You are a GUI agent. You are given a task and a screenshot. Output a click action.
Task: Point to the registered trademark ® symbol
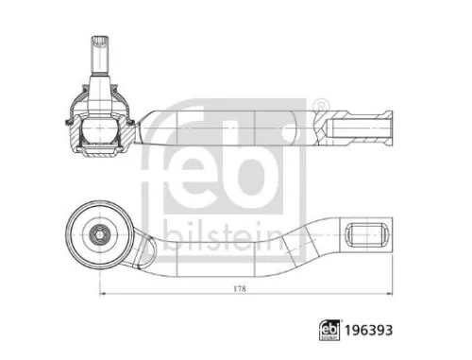tap(321, 104)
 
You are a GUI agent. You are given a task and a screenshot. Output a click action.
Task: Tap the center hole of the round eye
tap(98, 231)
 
